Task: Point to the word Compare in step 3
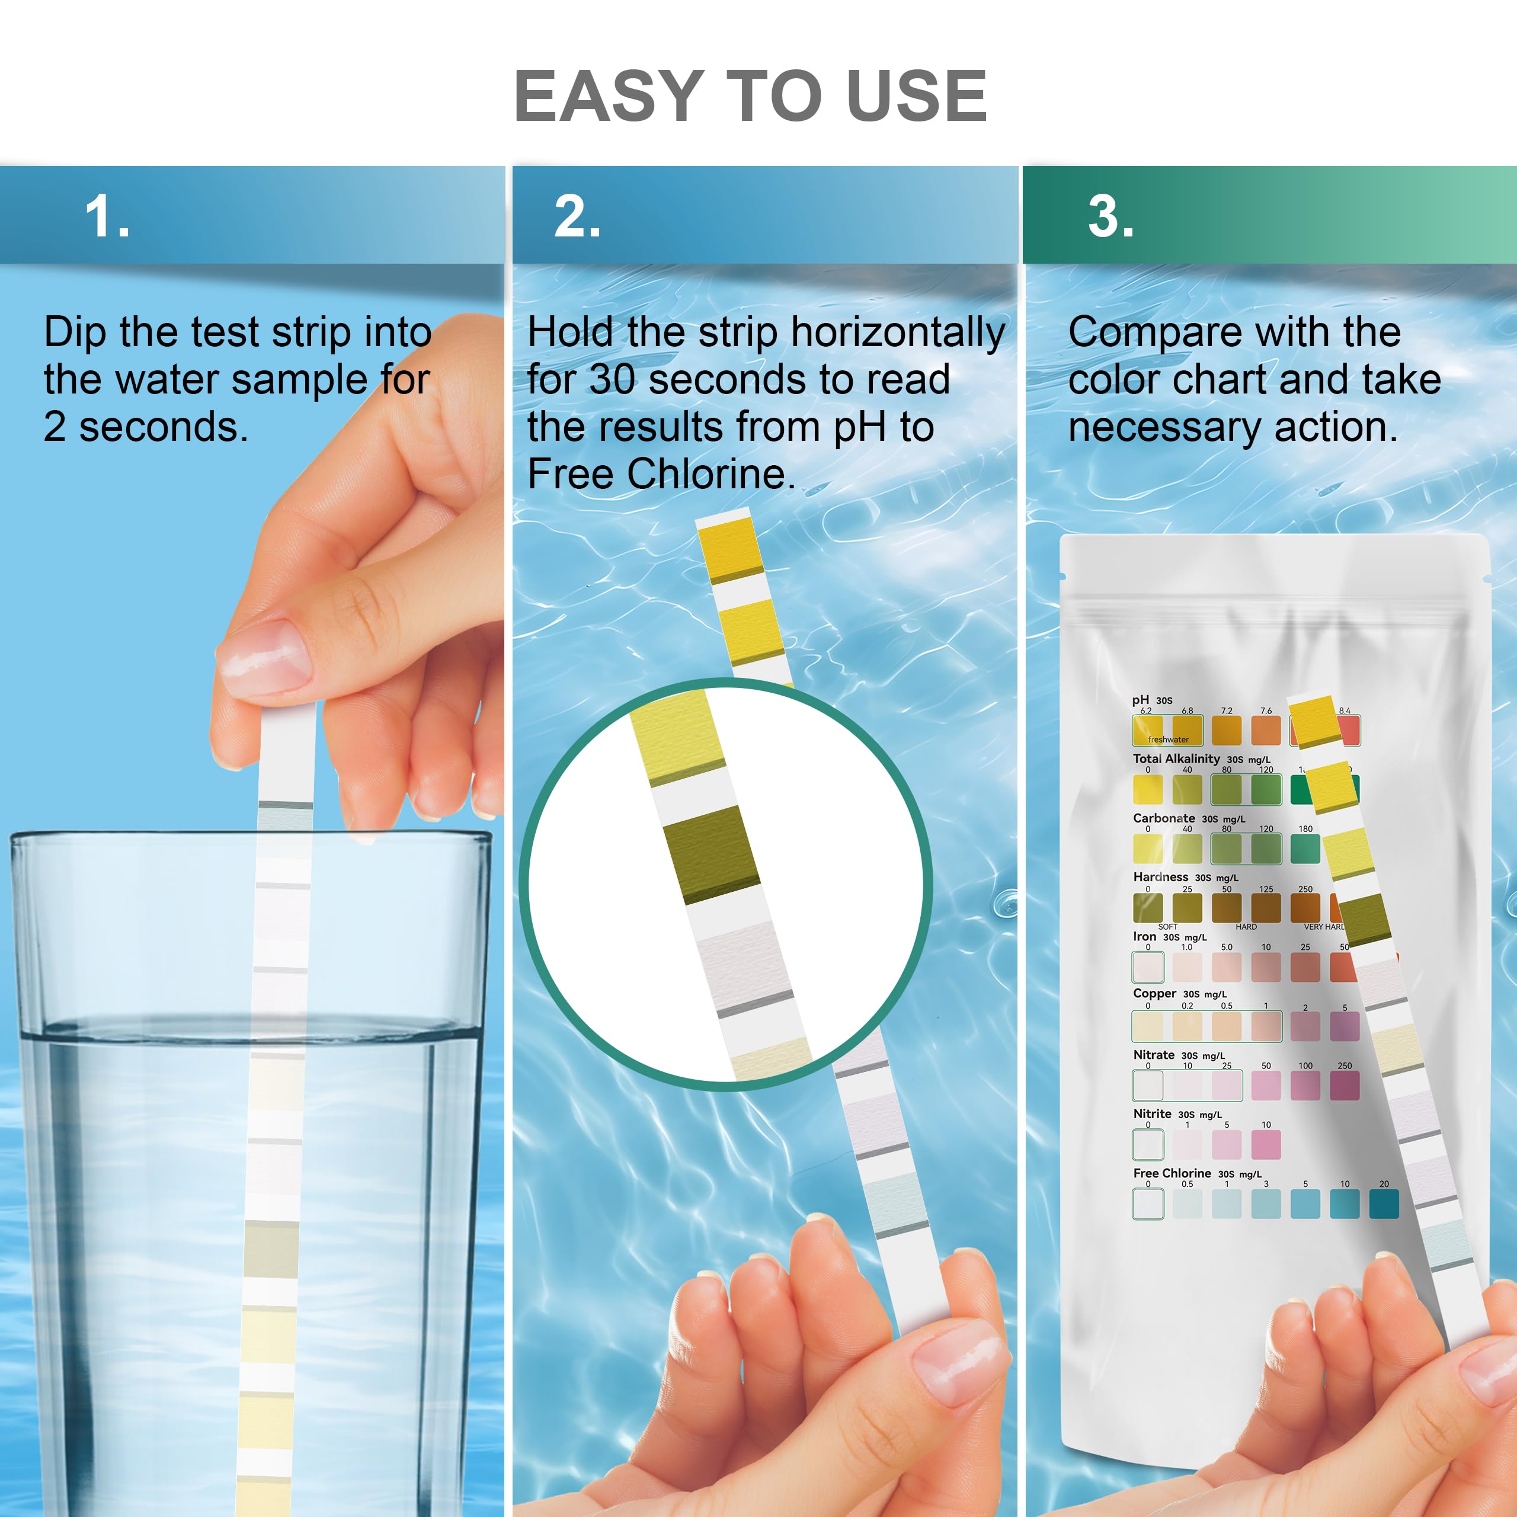(x=1152, y=332)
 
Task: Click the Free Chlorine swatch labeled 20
(x=1384, y=1204)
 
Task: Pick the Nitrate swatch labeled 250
(x=1344, y=1085)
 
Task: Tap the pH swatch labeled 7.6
(x=1266, y=730)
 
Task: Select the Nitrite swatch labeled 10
(x=1266, y=1145)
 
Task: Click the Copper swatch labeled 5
(x=1344, y=1026)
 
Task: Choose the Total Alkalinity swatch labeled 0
(x=1147, y=789)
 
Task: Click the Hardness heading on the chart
(x=1160, y=877)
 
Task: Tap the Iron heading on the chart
(x=1144, y=936)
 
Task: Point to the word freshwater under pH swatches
(x=1167, y=740)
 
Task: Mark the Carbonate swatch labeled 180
(x=1305, y=849)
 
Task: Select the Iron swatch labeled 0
(x=1147, y=966)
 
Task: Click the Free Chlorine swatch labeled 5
(x=1305, y=1204)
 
